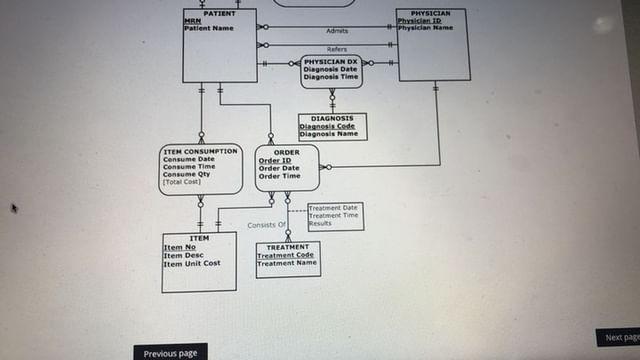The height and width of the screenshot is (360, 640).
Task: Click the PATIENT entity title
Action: (219, 13)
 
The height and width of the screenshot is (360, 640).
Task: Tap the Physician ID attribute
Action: (419, 20)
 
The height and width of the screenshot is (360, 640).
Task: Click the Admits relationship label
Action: (337, 31)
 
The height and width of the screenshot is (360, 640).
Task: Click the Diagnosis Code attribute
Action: (327, 127)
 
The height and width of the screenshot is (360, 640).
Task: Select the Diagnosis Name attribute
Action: (327, 134)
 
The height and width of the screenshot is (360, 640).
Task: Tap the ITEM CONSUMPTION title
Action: (200, 151)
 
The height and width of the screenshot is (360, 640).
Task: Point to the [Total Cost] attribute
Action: (183, 182)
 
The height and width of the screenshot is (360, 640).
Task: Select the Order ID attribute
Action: (274, 160)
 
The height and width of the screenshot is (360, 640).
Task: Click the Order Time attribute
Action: (279, 176)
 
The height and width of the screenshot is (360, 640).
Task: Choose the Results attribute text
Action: (320, 224)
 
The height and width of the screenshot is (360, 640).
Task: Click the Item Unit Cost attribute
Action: (192, 263)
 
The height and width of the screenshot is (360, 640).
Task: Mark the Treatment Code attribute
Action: (285, 255)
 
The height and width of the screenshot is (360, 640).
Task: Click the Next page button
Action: (620, 338)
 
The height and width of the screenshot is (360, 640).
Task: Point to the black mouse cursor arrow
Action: (14, 208)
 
